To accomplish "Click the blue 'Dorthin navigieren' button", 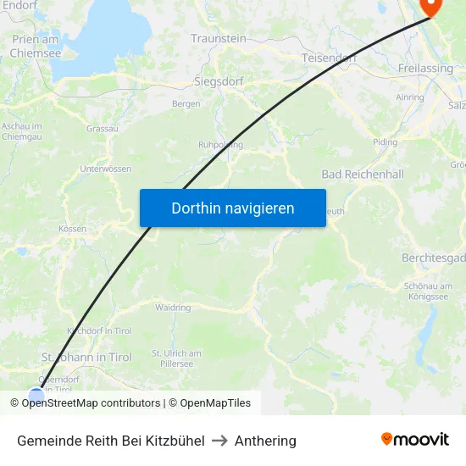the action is click(x=233, y=208).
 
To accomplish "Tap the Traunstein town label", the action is click(x=219, y=39).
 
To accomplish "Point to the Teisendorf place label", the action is click(x=329, y=58).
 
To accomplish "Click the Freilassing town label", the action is click(x=425, y=69).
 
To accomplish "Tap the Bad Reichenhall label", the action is click(x=363, y=175).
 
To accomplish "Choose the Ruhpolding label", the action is click(x=220, y=145).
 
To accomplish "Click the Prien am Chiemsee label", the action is click(x=36, y=46).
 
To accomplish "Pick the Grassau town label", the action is click(x=103, y=129).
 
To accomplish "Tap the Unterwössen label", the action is click(x=105, y=169).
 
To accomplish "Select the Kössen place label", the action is click(x=73, y=229).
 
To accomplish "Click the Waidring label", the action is click(x=174, y=308).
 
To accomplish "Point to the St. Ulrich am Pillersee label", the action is click(x=176, y=358).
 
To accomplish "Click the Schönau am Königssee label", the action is click(x=432, y=291).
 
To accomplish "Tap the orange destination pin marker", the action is click(x=431, y=7).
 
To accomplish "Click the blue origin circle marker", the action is click(x=36, y=394).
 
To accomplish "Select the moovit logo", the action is click(x=415, y=440).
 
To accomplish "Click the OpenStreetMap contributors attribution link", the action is click(x=91, y=403).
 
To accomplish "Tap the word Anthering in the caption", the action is click(x=265, y=441).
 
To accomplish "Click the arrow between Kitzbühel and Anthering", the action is click(x=219, y=441).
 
